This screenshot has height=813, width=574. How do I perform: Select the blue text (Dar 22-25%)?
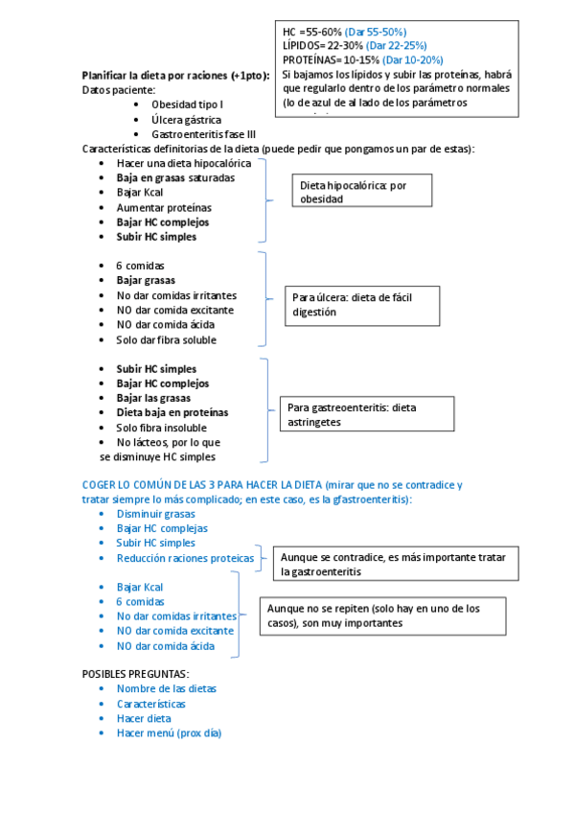pos(394,45)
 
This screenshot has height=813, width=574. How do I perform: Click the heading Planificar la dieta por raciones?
pos(175,75)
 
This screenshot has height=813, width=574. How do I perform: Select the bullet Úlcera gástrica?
pos(186,120)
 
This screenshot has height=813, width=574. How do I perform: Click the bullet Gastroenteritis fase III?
pos(203,134)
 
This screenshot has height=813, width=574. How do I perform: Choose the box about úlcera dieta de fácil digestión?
pos(361,305)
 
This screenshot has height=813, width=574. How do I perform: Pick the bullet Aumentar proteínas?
pos(164,207)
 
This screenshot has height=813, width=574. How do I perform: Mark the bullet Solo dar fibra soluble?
pos(166,339)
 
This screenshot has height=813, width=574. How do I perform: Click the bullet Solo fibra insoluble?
pos(161,428)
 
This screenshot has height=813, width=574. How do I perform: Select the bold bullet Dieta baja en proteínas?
pos(172,412)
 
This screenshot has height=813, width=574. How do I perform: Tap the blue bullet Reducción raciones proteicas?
pos(185,558)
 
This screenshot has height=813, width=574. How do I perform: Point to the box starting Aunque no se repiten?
pos(382,616)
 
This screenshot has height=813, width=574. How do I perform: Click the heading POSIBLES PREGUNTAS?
pos(135,674)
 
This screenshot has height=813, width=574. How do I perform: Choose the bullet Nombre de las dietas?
pos(166,688)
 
